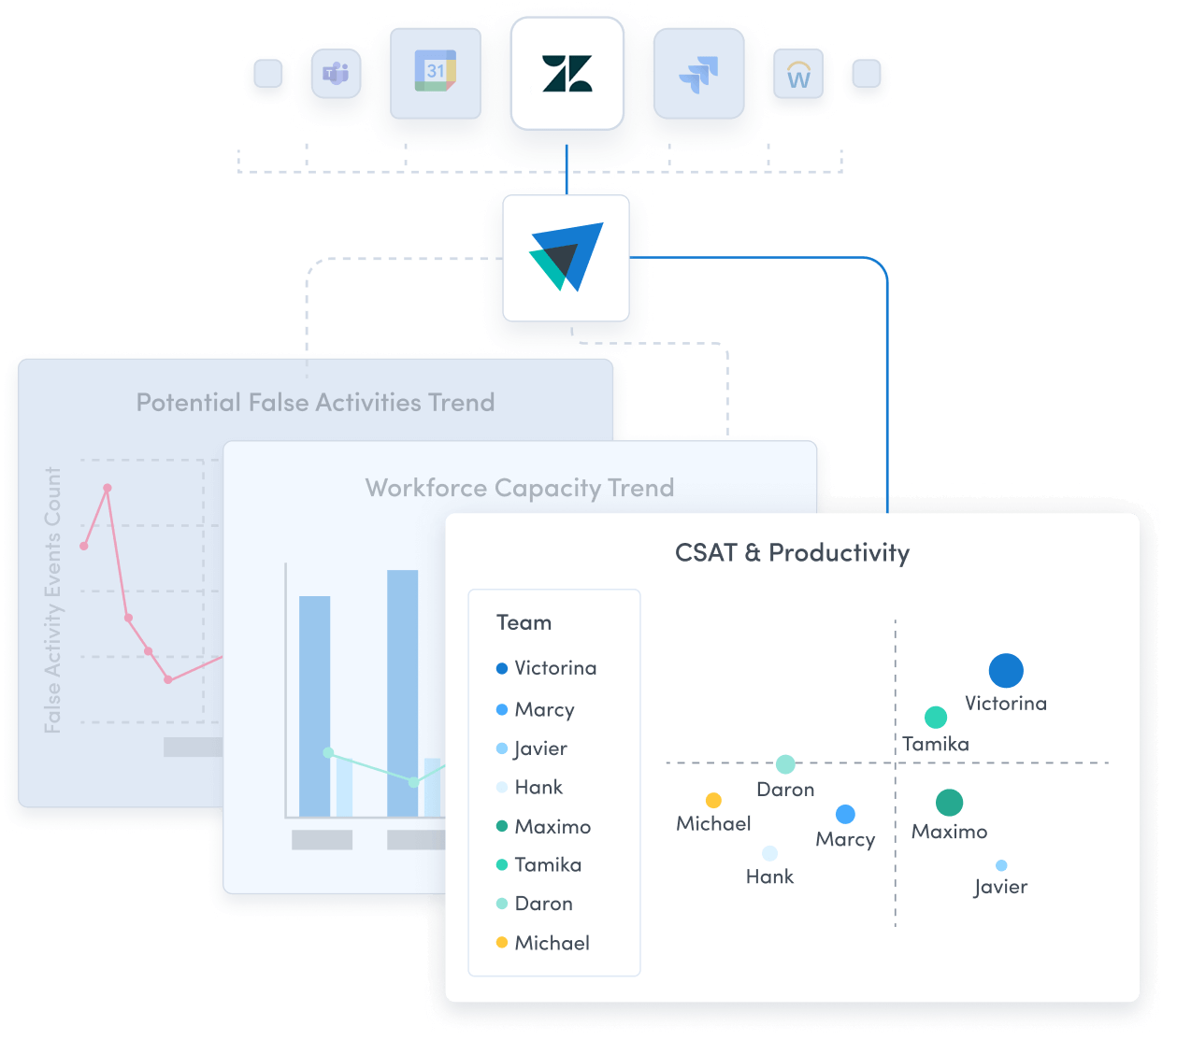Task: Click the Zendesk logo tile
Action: pos(567,74)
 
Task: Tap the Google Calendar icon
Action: pos(435,72)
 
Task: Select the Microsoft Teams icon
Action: pos(336,73)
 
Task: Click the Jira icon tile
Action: pos(698,73)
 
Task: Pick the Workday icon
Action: pos(798,75)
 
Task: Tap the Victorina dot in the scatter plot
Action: pos(1006,670)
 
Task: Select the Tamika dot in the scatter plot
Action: pos(936,718)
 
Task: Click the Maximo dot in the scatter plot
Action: pos(949,803)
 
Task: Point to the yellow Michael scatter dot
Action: pos(713,801)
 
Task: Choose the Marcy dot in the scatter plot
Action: pos(845,815)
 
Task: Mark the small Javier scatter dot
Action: pos(1001,866)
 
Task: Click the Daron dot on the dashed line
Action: pos(785,764)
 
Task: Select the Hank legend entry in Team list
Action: pos(538,788)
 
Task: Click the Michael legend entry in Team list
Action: pos(551,943)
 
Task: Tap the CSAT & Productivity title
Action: pos(792,553)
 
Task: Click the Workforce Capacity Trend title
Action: pos(519,488)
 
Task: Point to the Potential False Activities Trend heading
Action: pos(315,403)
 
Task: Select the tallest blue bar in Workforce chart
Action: pos(403,691)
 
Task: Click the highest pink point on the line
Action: pos(108,488)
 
